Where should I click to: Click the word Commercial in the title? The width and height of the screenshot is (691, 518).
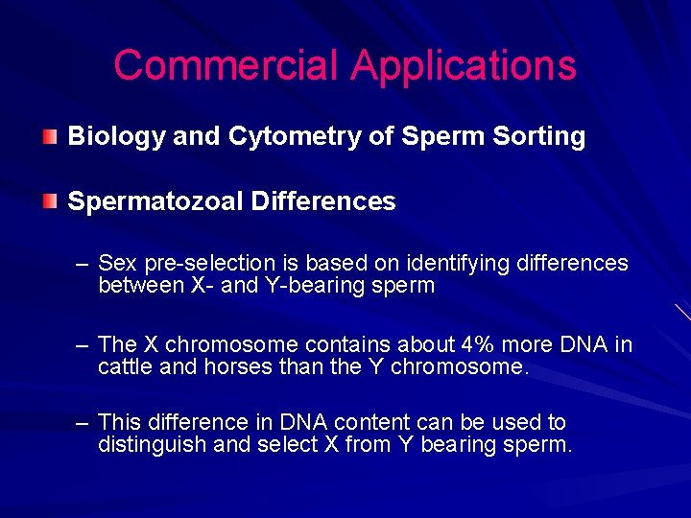click(226, 66)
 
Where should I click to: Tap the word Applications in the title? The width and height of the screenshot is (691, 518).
click(464, 66)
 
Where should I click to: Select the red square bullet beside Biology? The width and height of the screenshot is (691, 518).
click(49, 136)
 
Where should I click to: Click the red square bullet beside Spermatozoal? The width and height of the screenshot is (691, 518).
click(49, 201)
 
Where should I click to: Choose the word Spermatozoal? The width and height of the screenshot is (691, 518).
click(155, 201)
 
